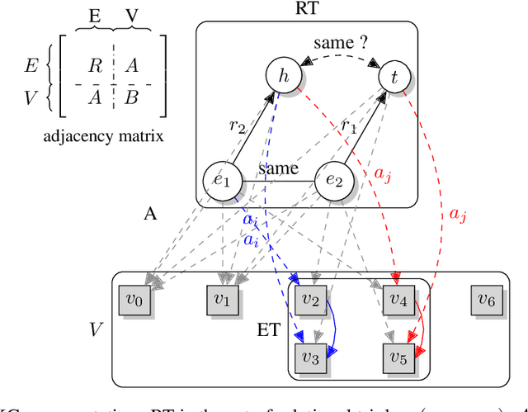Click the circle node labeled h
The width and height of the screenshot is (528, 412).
282,78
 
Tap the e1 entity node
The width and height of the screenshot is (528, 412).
220,181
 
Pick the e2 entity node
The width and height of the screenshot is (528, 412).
334,181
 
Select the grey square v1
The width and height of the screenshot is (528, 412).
223,301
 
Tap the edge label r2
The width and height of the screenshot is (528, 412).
238,126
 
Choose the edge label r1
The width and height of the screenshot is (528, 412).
350,126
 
